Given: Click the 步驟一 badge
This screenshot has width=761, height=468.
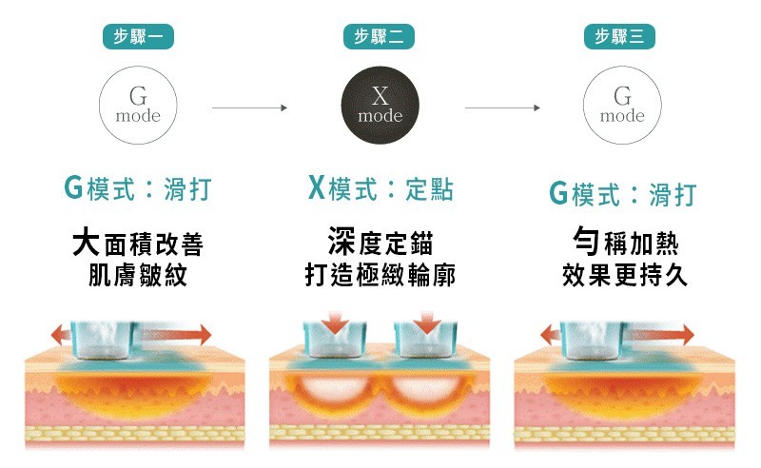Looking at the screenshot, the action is (x=138, y=36).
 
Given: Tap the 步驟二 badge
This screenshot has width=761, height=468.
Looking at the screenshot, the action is (x=379, y=36).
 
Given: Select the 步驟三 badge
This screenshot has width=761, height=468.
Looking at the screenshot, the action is (x=620, y=36).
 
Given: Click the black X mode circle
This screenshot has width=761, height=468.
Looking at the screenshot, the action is (x=380, y=105).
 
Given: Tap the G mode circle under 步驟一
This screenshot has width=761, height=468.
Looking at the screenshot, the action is (x=138, y=105).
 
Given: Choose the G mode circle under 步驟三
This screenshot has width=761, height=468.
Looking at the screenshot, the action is (x=622, y=105).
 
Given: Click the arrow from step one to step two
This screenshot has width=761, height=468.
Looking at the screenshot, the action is (x=249, y=107).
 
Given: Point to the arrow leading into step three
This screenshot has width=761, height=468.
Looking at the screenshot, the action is (x=502, y=107).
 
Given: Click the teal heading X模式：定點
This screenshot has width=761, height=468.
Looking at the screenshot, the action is (x=381, y=188).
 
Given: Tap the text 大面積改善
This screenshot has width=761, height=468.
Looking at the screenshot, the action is (x=138, y=243).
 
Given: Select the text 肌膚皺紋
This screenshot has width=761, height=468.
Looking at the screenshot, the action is (x=138, y=275).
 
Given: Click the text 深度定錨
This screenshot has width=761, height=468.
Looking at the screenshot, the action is (x=380, y=242).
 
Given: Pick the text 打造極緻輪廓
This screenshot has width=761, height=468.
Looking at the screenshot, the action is (x=380, y=275).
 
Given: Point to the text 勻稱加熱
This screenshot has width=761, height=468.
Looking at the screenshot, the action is (x=625, y=242).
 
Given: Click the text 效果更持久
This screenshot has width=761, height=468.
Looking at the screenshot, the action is (x=625, y=275).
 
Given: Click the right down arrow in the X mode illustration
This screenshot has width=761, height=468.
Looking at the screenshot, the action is (x=427, y=322).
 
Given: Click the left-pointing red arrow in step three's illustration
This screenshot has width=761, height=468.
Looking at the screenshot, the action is (x=551, y=335).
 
